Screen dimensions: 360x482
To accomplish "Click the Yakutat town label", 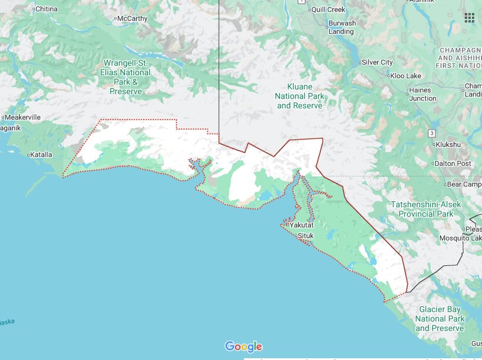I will (301, 225).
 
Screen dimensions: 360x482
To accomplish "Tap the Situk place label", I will (305, 236).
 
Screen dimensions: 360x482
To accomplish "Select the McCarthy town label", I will (132, 18).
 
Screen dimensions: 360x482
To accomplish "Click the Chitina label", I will (47, 9).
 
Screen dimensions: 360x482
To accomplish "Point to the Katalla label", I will (41, 155).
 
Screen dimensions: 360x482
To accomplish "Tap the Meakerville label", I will (23, 117).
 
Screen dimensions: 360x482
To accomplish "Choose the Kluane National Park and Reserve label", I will (300, 96).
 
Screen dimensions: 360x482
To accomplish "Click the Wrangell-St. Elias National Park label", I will (126, 77).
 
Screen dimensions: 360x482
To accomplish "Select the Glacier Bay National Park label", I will (439, 319).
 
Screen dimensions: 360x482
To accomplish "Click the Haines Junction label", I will (422, 94).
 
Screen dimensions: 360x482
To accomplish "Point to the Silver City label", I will (377, 62).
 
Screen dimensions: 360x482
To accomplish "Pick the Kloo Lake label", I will (406, 76).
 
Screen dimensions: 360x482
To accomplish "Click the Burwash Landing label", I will (342, 27).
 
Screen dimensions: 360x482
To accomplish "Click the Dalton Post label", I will (452, 163).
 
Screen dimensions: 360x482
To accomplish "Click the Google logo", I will (243, 346).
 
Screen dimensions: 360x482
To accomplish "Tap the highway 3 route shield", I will (432, 132).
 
